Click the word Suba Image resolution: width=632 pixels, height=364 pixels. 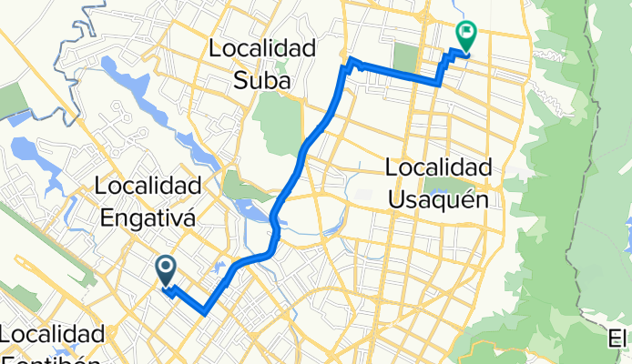pos(264,81)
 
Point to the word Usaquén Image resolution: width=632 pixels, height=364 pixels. pos(439,198)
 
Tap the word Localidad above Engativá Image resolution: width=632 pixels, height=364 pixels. pos(147,187)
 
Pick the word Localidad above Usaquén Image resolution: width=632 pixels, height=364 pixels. pos(439,167)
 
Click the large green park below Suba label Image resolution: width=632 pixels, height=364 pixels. pos(278,118)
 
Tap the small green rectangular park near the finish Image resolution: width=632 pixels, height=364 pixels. pos(405,57)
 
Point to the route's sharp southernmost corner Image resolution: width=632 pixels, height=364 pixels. pos(206,312)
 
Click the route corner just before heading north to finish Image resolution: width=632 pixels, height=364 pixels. pos(440,84)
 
